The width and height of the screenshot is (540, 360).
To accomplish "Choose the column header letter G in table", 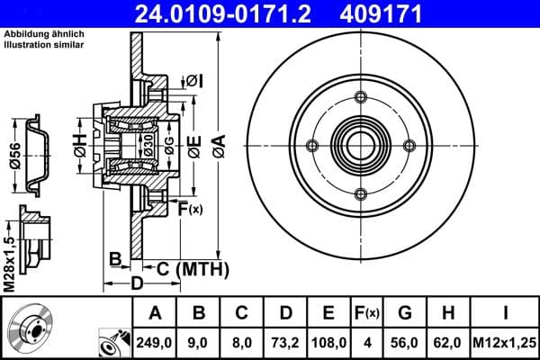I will point(404,314).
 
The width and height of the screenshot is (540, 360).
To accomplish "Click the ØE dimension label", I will point(193,143).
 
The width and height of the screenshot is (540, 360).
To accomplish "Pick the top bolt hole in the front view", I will point(361,98).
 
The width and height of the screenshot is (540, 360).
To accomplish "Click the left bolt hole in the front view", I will point(312,147).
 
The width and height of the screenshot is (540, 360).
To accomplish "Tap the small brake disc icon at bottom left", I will point(31,328).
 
